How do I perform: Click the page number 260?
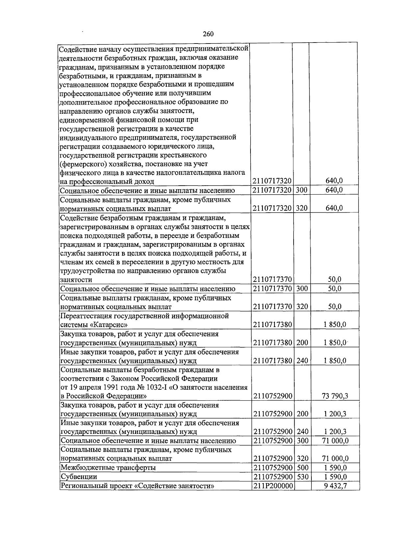tap(208, 34)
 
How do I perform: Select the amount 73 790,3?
tap(335, 396)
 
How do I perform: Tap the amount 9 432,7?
tap(335, 486)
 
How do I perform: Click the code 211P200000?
tap(273, 486)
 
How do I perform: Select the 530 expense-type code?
tap(302, 477)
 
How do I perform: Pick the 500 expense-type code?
tap(302, 468)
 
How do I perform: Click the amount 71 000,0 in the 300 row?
tap(335, 441)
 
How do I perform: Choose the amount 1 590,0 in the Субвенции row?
tap(335, 477)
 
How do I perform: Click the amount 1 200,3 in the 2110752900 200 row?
tap(335, 414)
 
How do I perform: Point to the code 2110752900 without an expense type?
tap(273, 396)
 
